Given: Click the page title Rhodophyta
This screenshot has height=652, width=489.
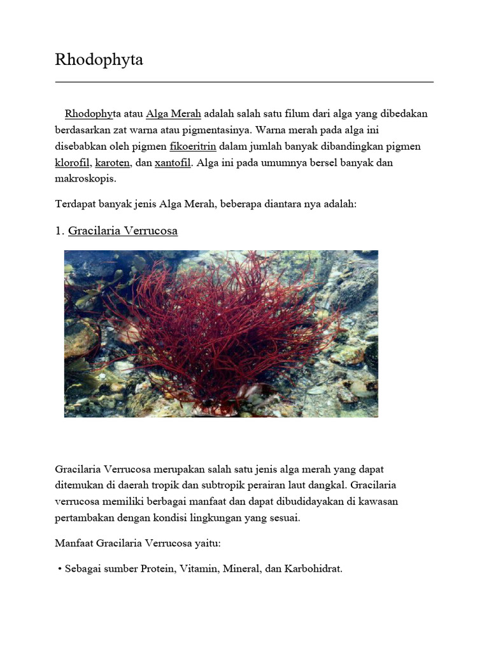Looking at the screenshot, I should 99,60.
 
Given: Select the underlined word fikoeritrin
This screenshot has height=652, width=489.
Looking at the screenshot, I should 193,146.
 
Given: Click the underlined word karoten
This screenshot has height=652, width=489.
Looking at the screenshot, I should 113,162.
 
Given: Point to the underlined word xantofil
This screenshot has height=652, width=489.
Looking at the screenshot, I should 173,162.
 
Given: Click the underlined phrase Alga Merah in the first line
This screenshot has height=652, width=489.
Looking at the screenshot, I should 173,114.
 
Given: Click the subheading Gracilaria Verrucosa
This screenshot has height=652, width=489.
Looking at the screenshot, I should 122,230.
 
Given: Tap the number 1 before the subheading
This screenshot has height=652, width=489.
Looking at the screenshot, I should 59,230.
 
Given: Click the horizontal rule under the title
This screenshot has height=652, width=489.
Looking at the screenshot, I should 244,82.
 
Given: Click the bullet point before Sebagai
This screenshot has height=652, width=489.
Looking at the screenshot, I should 59,569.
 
